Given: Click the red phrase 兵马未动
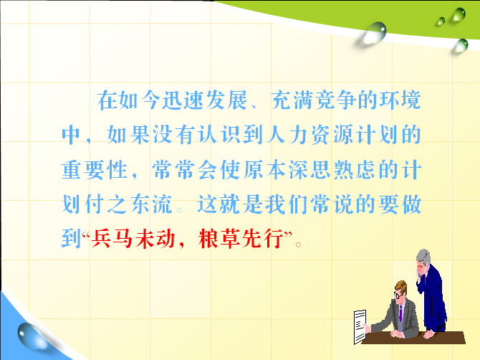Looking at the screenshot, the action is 133,238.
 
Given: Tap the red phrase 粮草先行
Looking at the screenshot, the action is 241,238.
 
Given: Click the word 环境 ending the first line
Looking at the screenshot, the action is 400,100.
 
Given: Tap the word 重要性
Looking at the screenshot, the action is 95,169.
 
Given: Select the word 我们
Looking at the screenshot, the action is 287,204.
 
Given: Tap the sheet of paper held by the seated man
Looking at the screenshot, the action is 360,326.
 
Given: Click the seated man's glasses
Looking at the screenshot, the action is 398,295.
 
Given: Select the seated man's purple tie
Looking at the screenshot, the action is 400,313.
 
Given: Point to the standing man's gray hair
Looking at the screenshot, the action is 424,257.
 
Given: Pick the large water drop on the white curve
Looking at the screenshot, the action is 374,32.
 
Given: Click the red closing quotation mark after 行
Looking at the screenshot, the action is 288,235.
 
